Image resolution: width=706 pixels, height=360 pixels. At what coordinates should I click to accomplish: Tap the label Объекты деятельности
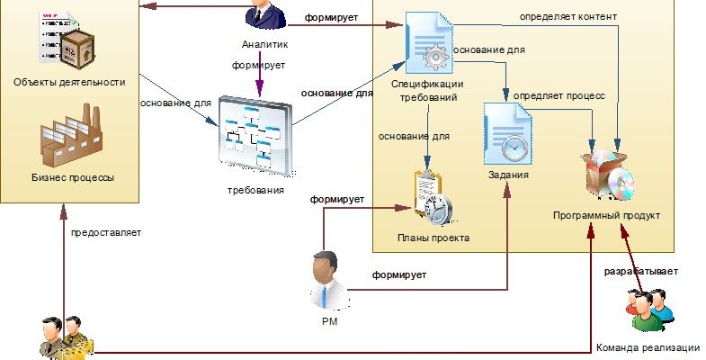(x=68, y=82)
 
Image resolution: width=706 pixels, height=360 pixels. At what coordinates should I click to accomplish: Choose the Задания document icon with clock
(x=506, y=133)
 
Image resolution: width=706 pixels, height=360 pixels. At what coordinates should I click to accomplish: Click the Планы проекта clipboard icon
(x=431, y=197)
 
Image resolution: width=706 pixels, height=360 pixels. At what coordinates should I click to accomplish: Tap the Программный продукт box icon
(x=609, y=175)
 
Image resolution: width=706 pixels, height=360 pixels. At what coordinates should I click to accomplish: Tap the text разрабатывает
(x=640, y=271)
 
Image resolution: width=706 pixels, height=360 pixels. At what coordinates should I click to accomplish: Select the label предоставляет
(x=106, y=232)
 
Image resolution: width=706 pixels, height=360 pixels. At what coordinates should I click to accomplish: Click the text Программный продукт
(x=607, y=216)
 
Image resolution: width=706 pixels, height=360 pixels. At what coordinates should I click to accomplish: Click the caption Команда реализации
(x=646, y=347)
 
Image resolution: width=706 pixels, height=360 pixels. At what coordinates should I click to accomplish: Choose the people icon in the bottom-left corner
(x=65, y=338)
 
